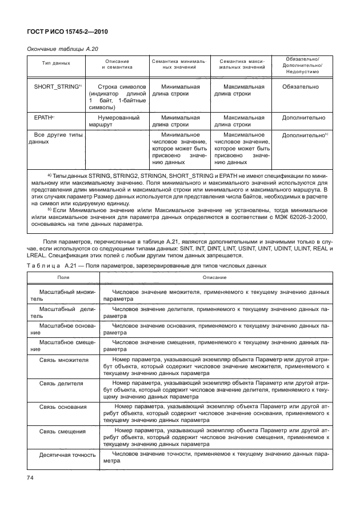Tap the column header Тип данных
[x=56, y=64]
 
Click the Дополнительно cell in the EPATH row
[x=302, y=118]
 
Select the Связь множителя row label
[x=63, y=361]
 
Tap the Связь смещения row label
[x=62, y=431]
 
